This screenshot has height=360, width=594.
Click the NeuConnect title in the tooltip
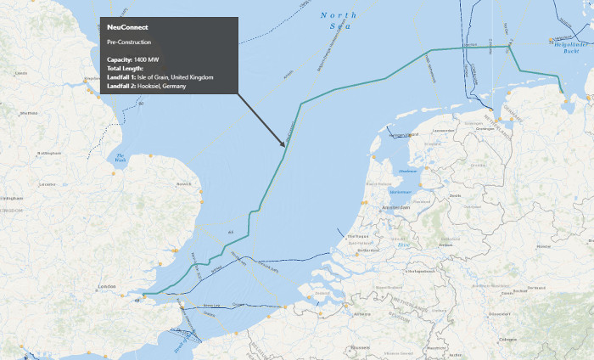point(127,27)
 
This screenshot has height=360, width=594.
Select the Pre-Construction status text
point(129,42)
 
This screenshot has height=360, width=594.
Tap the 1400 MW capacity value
point(146,59)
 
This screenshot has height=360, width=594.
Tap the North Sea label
point(339,21)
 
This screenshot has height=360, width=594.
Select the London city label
point(108,287)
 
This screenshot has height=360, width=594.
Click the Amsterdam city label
point(395,207)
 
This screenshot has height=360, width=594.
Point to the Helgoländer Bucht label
point(563,45)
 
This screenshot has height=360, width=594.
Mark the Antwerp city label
point(362,314)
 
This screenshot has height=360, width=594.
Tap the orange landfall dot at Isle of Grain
point(144,295)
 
